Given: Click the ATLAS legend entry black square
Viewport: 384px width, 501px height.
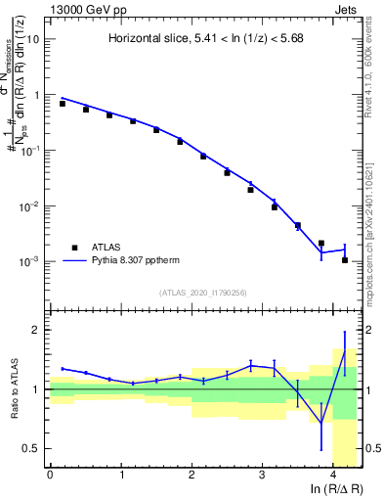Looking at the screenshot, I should [x=73, y=249].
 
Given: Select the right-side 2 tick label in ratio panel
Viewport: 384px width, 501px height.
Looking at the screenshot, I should [x=368, y=330].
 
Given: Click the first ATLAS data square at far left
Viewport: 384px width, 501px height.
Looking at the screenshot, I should [x=63, y=103].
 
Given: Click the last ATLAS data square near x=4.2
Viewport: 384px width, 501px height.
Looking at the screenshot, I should [x=345, y=260].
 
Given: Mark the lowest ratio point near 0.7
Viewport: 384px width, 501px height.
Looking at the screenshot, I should [x=321, y=423].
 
